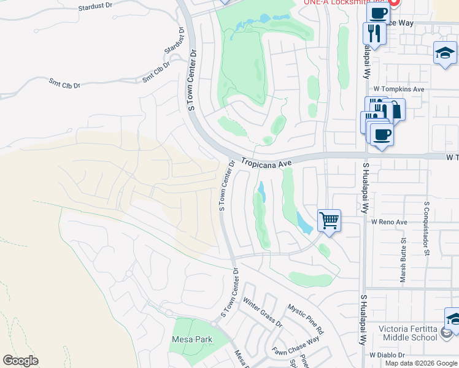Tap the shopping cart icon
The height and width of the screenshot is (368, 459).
click(330, 220)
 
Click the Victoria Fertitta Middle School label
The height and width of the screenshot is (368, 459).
click(408, 333)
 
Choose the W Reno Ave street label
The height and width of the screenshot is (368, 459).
click(389, 221)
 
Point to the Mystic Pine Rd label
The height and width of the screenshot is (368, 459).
click(306, 319)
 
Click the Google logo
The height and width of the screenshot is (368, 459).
click(20, 361)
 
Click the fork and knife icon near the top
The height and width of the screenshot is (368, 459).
click(374, 33)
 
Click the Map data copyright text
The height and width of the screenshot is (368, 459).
click(422, 363)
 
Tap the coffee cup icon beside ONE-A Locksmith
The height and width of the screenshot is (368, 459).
click(377, 12)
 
